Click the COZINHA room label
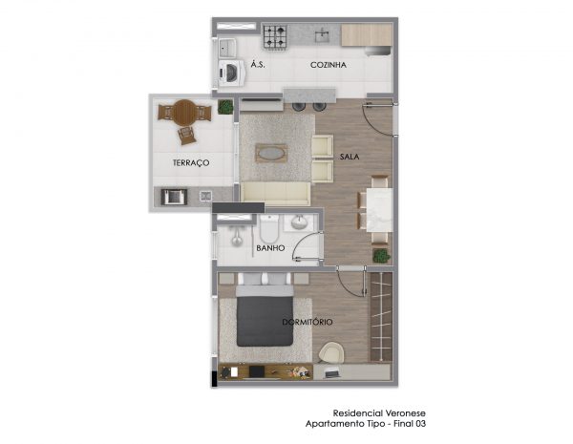tap(329, 65)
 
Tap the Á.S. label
tap(258, 65)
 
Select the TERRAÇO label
tap(191, 163)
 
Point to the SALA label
tap(350, 157)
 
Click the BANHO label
tap(270, 248)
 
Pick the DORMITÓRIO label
tap(308, 322)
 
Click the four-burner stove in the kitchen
tap(275, 37)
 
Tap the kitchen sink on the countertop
tap(323, 35)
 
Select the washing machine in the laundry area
tap(232, 74)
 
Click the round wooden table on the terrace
tap(185, 113)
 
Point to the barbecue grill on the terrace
tap(175, 198)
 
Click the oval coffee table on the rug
tap(271, 153)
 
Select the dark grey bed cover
tap(265, 321)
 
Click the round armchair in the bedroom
tap(330, 352)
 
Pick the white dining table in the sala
tap(379, 210)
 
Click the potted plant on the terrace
tap(225, 107)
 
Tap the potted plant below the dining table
tap(381, 256)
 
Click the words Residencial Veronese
tap(379, 413)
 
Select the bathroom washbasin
tap(299, 222)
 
